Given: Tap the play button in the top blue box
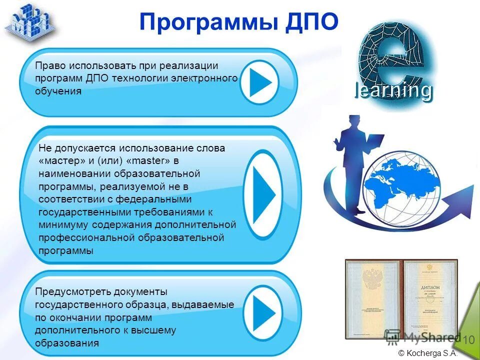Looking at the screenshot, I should click(x=259, y=81).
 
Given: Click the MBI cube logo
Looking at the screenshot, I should click(x=30, y=21).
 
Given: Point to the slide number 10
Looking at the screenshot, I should click(x=468, y=339).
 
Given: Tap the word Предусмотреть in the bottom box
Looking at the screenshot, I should click(x=73, y=291).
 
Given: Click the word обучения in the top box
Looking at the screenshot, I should click(x=57, y=92).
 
